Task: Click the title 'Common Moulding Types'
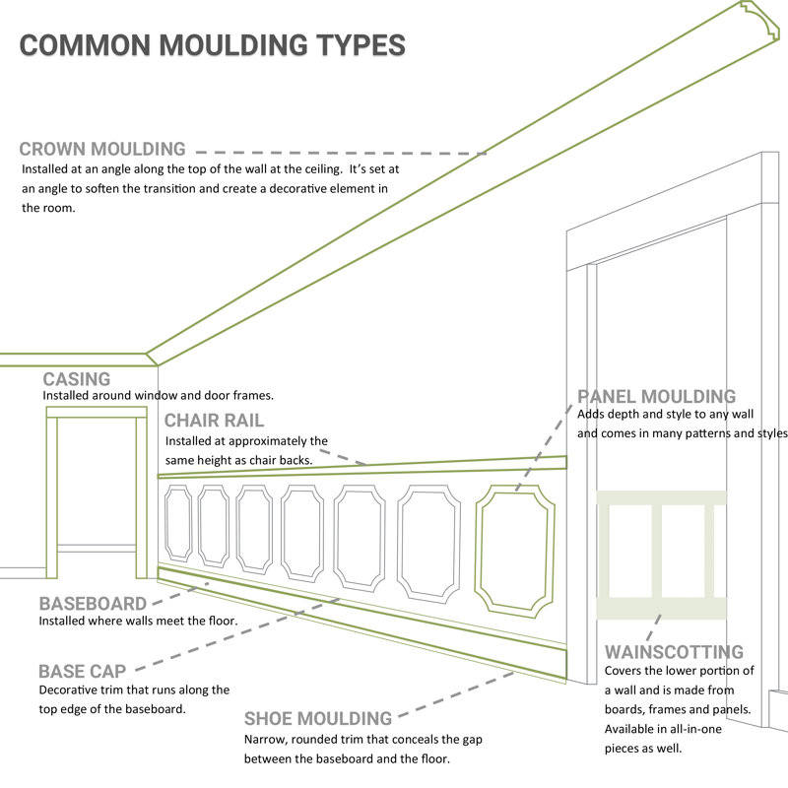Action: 212,45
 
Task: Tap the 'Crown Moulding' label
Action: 102,150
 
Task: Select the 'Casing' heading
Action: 77,379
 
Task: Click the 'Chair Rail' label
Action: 214,421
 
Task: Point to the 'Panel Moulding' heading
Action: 657,397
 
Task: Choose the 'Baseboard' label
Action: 93,604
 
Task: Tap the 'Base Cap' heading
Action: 83,671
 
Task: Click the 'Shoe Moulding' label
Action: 318,719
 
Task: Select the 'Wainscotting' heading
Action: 674,652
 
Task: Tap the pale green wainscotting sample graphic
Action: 661,554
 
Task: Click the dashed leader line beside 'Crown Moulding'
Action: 340,153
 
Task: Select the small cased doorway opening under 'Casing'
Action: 97,492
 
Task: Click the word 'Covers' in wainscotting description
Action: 625,672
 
